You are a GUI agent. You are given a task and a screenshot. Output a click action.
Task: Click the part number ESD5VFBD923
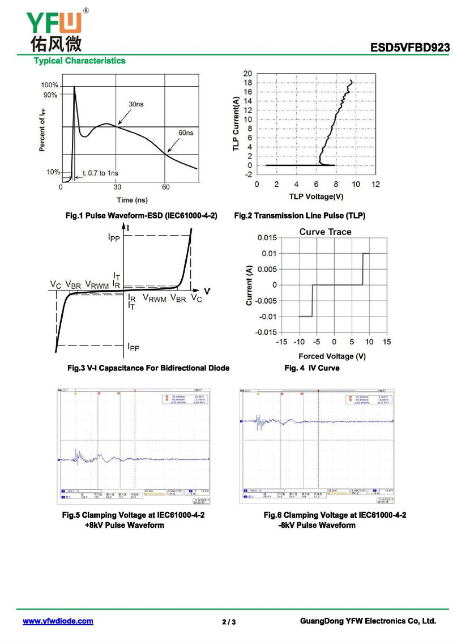pyautogui.click(x=410, y=48)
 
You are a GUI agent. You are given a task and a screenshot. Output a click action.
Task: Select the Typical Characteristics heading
pyautogui.click(x=80, y=61)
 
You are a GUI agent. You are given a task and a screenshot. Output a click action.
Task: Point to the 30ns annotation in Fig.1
pyautogui.click(x=136, y=104)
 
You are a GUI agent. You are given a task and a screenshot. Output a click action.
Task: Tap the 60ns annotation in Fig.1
pyautogui.click(x=186, y=133)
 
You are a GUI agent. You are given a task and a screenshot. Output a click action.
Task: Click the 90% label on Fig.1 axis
pyautogui.click(x=50, y=95)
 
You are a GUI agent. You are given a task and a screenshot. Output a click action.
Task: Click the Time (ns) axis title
pyautogui.click(x=133, y=200)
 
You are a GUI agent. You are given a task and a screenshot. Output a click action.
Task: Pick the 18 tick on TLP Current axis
pyautogui.click(x=248, y=83)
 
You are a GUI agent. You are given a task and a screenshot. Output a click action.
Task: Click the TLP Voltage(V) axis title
pyautogui.click(x=316, y=197)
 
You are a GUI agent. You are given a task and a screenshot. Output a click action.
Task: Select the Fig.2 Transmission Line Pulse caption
pyautogui.click(x=300, y=216)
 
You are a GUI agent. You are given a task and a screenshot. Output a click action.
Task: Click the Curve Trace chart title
pyautogui.click(x=325, y=232)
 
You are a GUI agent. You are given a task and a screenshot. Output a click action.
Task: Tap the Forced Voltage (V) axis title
pyautogui.click(x=332, y=356)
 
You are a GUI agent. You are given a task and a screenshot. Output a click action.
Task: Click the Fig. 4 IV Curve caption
pyautogui.click(x=311, y=368)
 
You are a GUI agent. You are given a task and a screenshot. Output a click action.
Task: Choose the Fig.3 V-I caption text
pyautogui.click(x=148, y=368)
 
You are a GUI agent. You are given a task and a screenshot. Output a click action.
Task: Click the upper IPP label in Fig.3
pyautogui.click(x=114, y=238)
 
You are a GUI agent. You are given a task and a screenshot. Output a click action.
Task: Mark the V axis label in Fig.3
pyautogui.click(x=207, y=291)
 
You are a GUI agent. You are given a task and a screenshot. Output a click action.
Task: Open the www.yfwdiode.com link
pyautogui.click(x=58, y=621)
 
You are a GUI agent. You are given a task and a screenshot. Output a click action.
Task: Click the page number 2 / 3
pyautogui.click(x=229, y=622)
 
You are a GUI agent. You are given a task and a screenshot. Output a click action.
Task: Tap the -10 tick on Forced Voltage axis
pyautogui.click(x=299, y=342)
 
